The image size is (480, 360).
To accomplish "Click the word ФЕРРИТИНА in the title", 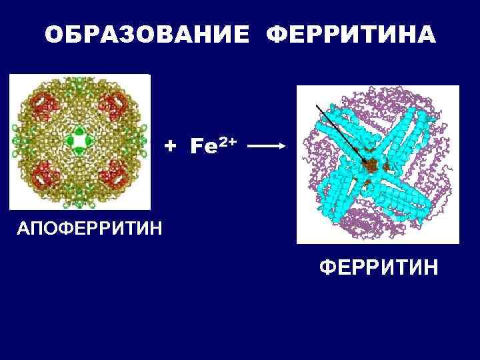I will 351,35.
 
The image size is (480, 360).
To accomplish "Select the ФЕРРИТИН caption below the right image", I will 379,269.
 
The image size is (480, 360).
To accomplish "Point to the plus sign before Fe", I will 171,144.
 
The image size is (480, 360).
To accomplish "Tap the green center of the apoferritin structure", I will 80,142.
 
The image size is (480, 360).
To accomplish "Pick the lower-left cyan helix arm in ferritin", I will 333,200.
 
